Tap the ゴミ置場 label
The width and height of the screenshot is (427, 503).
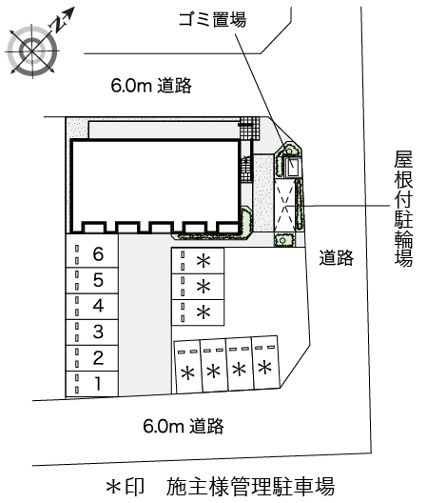[211, 19]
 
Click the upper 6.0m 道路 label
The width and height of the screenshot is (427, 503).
[152, 86]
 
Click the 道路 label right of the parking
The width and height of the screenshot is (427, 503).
[337, 256]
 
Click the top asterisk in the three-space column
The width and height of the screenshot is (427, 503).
[203, 262]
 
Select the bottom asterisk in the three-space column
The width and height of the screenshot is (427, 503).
[203, 312]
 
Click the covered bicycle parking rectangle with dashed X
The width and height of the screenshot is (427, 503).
[287, 203]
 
